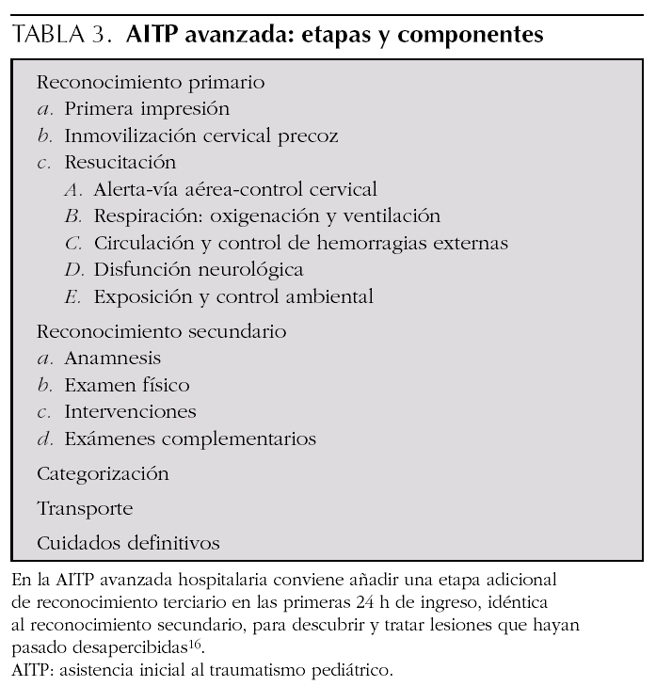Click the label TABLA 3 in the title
[x=57, y=36]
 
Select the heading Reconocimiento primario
[x=151, y=82]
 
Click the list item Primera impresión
[x=147, y=108]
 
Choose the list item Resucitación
[x=120, y=162]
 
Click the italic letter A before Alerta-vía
[x=74, y=189]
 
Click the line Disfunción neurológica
[x=198, y=270]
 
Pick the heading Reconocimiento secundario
[x=162, y=331]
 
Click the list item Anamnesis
[x=112, y=359]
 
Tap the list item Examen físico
[x=126, y=385]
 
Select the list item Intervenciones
[x=130, y=412]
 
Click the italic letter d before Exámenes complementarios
[x=44, y=439]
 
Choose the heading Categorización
[x=104, y=473]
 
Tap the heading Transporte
[x=86, y=508]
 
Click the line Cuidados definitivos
[x=128, y=543]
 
